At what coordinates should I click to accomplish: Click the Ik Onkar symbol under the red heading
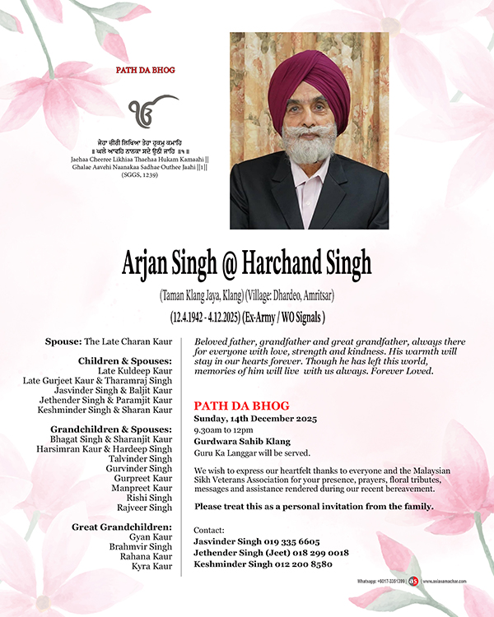click(x=146, y=110)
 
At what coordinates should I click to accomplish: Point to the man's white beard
click(x=306, y=146)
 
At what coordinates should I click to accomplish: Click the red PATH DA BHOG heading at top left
click(x=146, y=71)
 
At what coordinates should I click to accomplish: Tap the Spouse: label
click(x=64, y=341)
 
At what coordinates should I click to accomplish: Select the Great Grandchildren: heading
click(x=122, y=527)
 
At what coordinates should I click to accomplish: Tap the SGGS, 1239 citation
click(x=146, y=174)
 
